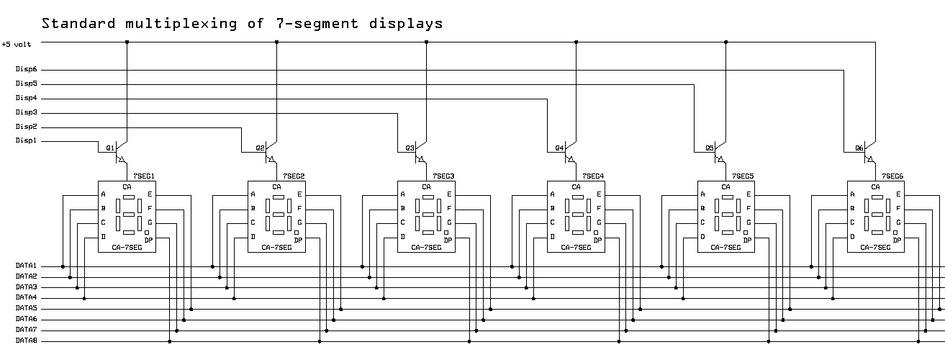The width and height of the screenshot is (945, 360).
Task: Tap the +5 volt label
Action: point(16,44)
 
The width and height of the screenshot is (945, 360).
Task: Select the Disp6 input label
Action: point(26,70)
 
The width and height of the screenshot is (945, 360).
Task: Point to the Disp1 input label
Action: point(26,140)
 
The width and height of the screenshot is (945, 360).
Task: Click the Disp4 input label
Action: point(26,98)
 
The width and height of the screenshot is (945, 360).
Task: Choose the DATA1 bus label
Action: point(26,266)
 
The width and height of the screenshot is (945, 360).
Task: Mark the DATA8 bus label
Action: point(26,341)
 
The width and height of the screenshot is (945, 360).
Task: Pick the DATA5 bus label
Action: point(26,308)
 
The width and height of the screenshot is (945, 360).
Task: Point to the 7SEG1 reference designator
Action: point(144,176)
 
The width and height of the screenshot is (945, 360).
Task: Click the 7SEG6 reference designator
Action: point(892,176)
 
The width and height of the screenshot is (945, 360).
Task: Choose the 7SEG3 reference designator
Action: point(443,176)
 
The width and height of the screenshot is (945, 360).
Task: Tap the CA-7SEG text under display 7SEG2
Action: point(277,247)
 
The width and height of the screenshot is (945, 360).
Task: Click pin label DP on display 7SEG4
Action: point(597,239)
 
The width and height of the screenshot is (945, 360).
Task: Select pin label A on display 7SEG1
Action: point(104,194)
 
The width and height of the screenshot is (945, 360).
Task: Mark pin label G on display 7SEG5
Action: point(749,222)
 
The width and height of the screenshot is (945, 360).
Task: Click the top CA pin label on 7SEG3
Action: point(427,187)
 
